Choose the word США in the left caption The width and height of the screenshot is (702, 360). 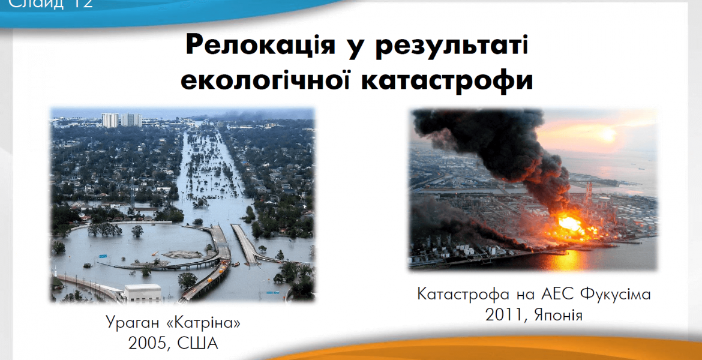tap(199, 343)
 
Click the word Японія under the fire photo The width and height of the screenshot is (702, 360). tap(559, 315)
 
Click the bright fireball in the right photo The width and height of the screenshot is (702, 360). tap(569, 223)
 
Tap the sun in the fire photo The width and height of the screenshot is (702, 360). tap(608, 134)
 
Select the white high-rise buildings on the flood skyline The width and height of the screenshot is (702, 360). tap(121, 120)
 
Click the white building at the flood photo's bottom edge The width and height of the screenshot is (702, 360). tap(142, 292)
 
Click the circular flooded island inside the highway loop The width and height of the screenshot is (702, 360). tap(182, 254)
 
